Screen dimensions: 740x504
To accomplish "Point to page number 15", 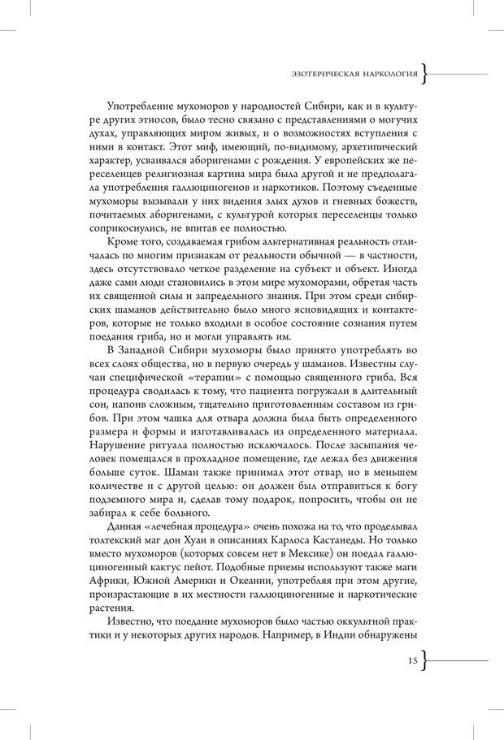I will click(412, 661).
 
